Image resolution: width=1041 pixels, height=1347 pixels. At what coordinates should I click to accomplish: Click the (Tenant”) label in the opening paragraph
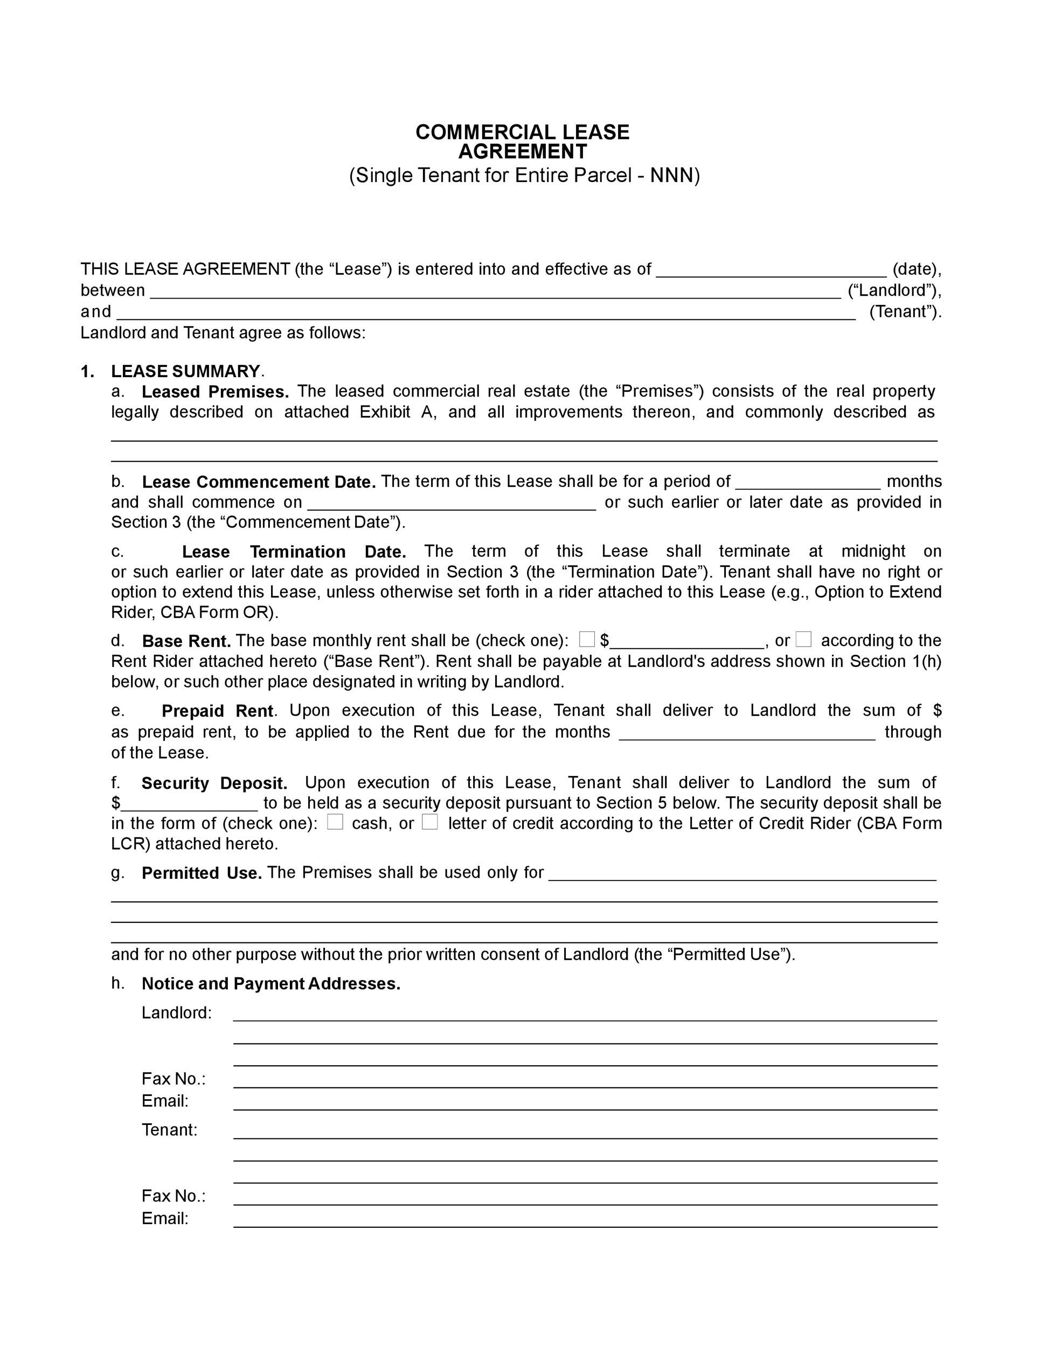point(905,311)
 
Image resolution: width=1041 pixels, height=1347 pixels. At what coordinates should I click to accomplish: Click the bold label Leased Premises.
point(215,392)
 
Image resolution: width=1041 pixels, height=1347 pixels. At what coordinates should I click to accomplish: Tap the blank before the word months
point(808,483)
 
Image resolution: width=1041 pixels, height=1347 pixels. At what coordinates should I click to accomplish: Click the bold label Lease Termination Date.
point(294,551)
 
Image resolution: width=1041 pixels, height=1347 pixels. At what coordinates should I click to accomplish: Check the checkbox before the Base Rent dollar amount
point(587,639)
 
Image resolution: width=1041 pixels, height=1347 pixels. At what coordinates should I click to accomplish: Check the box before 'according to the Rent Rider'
point(803,640)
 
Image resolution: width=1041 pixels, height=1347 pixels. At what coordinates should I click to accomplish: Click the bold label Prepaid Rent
point(217,711)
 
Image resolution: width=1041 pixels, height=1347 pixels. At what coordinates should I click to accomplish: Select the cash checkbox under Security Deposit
point(335,822)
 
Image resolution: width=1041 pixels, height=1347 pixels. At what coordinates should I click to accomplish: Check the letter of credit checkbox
point(430,822)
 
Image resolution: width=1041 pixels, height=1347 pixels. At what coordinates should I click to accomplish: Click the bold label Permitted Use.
point(202,873)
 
